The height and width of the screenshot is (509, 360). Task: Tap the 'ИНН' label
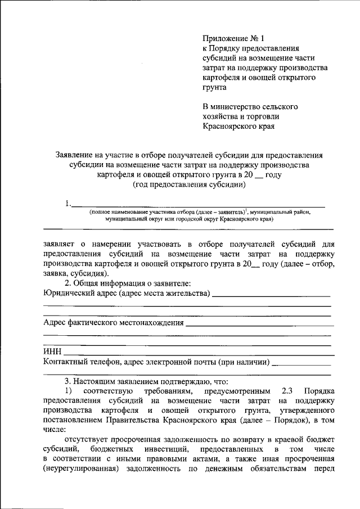point(52,352)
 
